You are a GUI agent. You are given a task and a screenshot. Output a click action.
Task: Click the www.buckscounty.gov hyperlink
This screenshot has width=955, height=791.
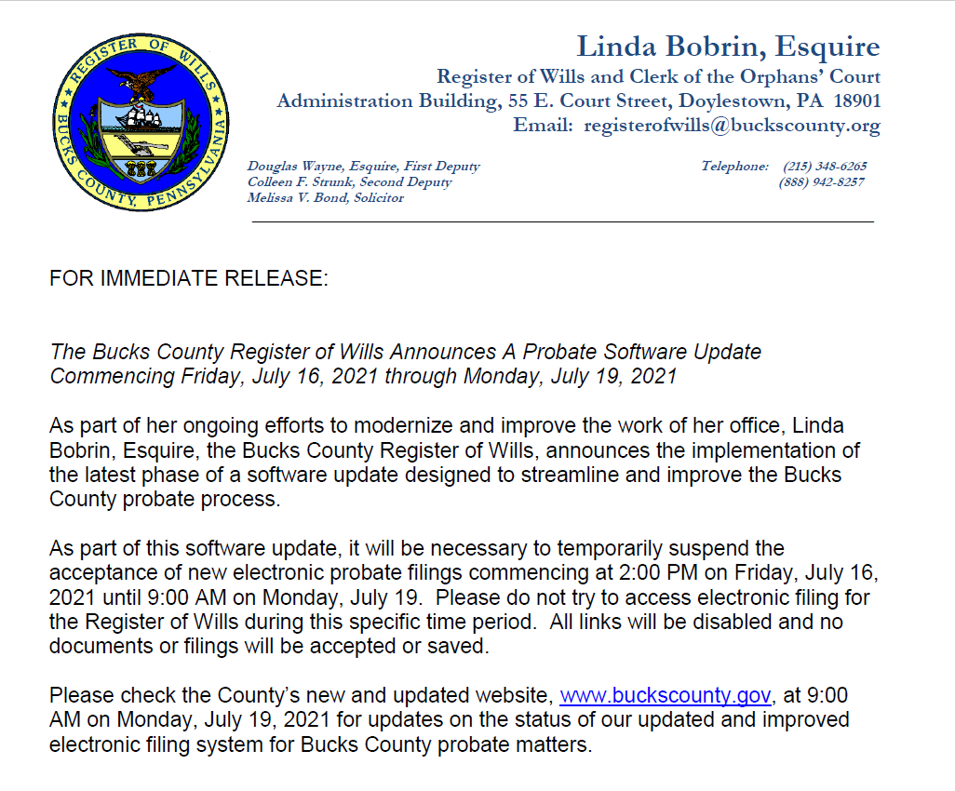[x=665, y=696]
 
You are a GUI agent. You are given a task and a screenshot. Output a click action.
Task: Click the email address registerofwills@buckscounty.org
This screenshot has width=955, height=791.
[x=732, y=126]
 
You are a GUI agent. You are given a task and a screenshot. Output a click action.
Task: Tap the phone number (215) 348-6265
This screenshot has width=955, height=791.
[x=825, y=167]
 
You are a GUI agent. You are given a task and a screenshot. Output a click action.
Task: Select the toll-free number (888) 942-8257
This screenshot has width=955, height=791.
[x=822, y=182]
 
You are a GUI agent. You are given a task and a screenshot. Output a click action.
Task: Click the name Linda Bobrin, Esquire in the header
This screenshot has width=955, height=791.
[x=728, y=47]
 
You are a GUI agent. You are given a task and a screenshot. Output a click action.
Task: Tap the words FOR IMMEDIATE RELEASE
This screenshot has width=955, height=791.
[x=189, y=279]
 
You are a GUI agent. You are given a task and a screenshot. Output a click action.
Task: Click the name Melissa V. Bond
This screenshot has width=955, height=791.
[x=296, y=198]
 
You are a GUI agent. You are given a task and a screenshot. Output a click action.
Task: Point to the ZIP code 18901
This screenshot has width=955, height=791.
[x=852, y=101]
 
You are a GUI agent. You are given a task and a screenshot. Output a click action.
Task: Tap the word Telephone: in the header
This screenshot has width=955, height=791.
[x=734, y=167]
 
